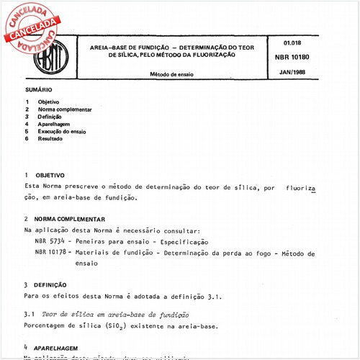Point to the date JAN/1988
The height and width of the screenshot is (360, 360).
(291, 73)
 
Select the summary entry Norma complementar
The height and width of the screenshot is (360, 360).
(65, 109)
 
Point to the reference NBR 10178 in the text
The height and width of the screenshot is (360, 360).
(52, 253)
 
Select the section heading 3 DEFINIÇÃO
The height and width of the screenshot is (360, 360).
(50, 284)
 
